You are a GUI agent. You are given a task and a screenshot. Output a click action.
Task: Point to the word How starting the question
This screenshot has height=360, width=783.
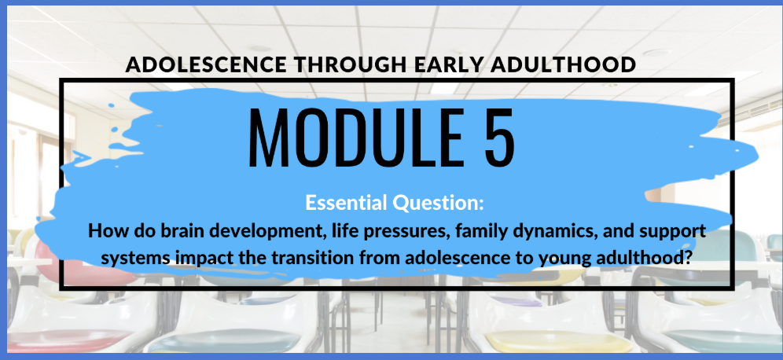104,232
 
